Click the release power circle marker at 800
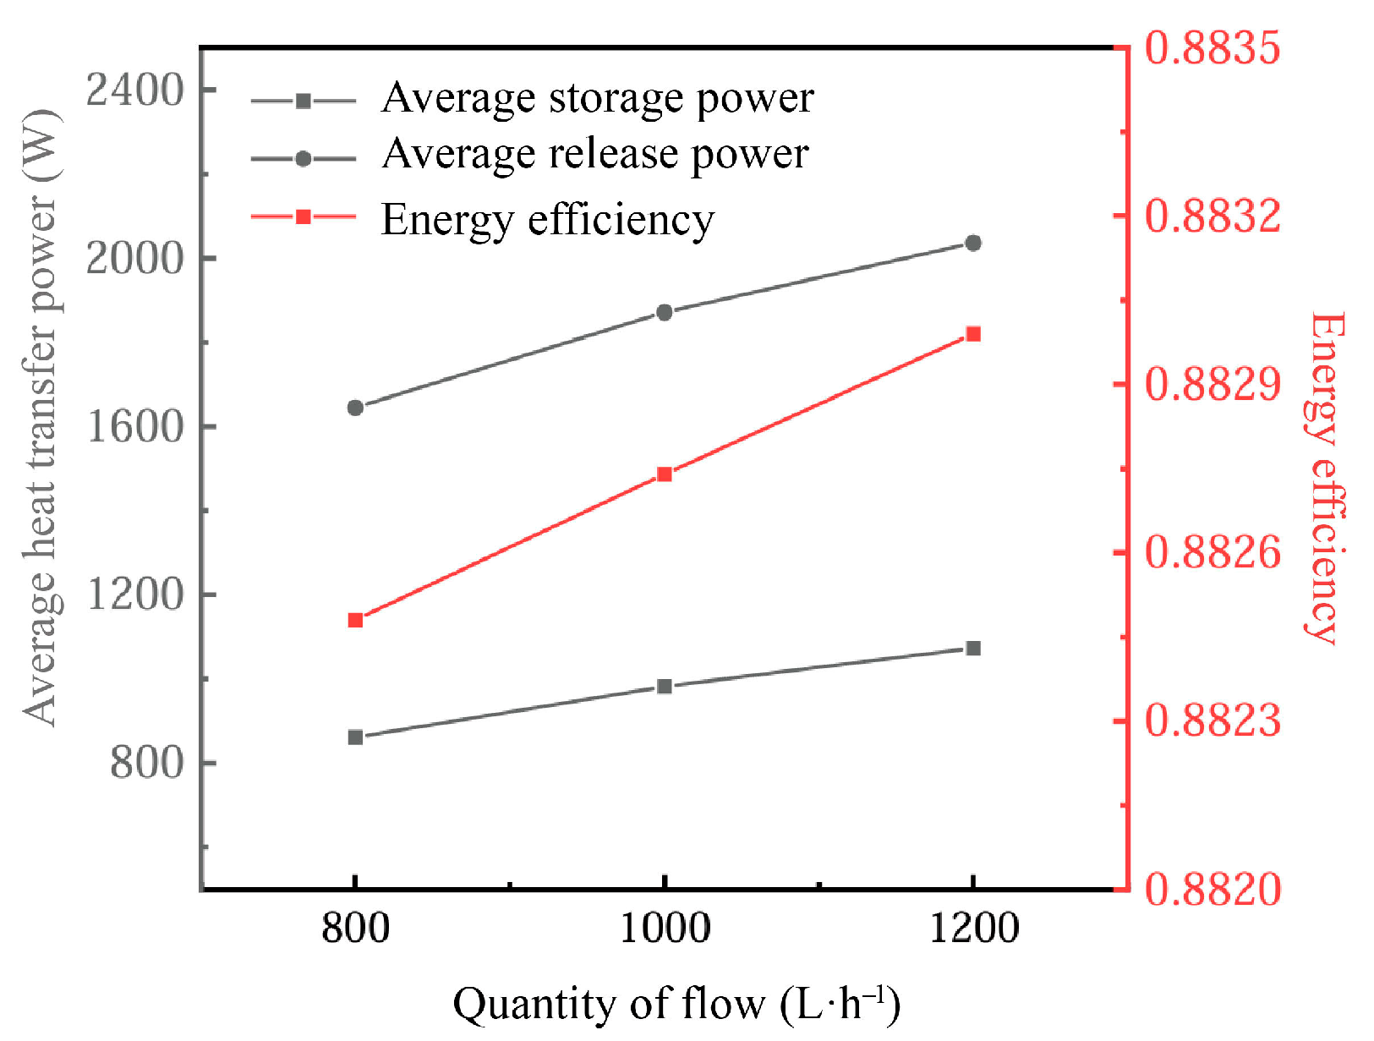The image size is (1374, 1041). pos(355,408)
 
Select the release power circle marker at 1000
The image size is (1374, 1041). pos(665,312)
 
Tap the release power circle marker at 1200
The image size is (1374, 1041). pos(973,243)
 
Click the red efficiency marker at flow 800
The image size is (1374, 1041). pos(355,620)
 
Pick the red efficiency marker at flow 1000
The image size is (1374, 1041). pos(665,474)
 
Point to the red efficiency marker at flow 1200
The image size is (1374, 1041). pos(973,334)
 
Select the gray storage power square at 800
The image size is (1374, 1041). pos(355,737)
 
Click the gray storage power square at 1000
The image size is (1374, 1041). pos(665,686)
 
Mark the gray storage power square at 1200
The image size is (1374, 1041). pos(973,648)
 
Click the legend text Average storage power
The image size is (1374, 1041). pos(597,98)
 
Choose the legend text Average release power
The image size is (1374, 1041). pos(594,155)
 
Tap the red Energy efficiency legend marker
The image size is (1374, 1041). pos(303,217)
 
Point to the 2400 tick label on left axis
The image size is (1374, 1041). pos(135,90)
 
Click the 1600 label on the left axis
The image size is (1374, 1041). pos(135,426)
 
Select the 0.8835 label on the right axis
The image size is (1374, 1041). pos(1213,48)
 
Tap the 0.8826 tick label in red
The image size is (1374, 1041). pos(1213,553)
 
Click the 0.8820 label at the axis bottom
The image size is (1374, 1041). pos(1213,890)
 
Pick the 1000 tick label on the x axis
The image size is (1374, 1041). pos(665,929)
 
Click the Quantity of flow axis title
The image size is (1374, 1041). pos(676,1005)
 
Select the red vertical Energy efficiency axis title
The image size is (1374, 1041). pos(1326,478)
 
